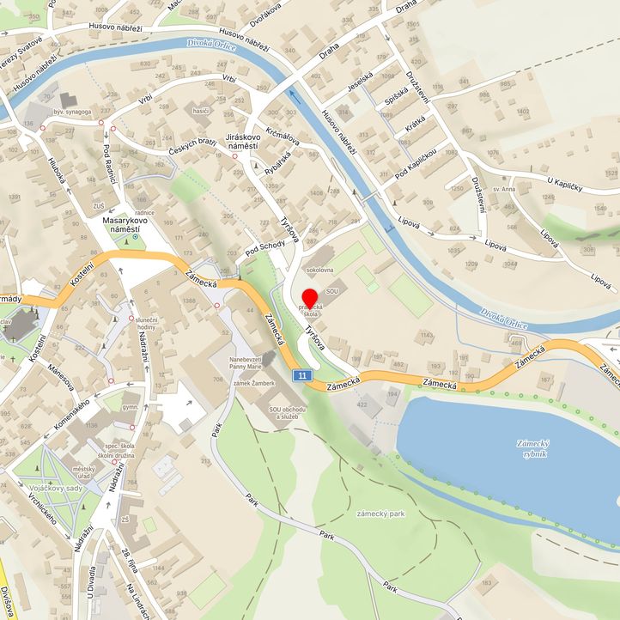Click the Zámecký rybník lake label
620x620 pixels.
532,447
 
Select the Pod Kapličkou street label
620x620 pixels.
416,161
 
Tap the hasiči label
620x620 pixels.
201,111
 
